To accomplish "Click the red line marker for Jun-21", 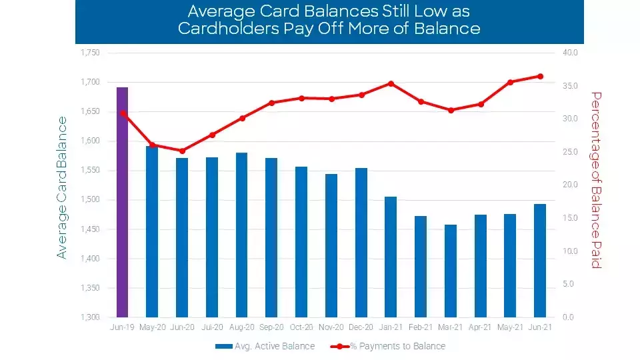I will pos(540,76).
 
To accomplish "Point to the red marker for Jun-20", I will pos(182,151).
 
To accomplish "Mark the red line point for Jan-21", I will pos(391,83).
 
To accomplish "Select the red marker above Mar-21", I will pos(451,110).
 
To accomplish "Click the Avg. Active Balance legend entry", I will pos(265,346).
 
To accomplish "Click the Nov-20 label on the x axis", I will pos(331,328).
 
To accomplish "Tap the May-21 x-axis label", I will pos(510,328).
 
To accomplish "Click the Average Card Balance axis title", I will pos(62,187).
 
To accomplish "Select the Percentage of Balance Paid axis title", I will pos(597,180).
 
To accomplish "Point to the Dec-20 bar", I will pos(361,243).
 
